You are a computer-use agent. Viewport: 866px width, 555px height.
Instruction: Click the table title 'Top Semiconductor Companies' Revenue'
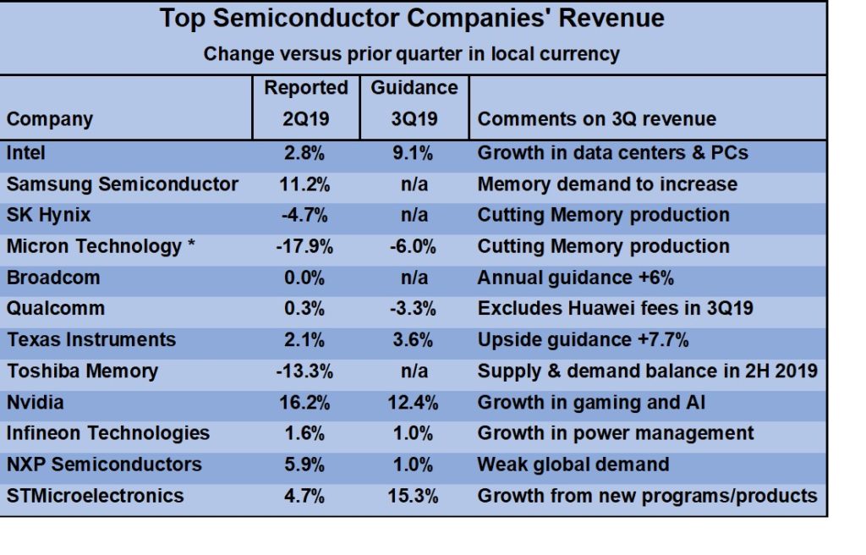point(412,19)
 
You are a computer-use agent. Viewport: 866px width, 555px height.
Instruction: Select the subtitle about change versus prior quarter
point(411,55)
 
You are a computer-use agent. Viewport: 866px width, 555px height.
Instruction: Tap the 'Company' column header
point(50,119)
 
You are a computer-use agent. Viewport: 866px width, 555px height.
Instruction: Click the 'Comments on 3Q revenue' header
point(596,119)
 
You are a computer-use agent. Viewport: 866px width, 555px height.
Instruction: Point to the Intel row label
point(26,153)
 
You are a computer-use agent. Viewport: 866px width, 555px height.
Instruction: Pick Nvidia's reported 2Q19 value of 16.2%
point(305,402)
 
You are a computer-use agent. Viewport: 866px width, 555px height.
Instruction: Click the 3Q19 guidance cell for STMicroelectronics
point(414,496)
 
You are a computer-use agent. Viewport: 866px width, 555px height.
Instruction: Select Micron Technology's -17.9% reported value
point(305,246)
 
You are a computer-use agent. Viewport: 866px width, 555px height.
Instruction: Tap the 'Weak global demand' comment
point(573,464)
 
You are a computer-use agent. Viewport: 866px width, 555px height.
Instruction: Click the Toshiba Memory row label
point(82,371)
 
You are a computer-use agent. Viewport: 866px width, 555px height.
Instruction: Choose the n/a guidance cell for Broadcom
point(414,277)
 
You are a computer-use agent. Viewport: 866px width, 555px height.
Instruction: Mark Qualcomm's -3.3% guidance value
point(414,309)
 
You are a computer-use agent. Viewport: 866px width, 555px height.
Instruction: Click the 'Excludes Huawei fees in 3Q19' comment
point(615,309)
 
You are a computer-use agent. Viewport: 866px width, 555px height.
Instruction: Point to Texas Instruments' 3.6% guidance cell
point(414,340)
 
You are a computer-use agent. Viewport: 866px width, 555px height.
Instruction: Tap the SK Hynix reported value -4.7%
point(305,215)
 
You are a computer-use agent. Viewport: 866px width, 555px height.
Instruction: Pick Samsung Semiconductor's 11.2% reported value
point(305,184)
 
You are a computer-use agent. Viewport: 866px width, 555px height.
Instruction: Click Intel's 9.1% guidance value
point(414,153)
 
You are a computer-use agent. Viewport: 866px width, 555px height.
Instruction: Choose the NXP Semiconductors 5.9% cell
point(305,464)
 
